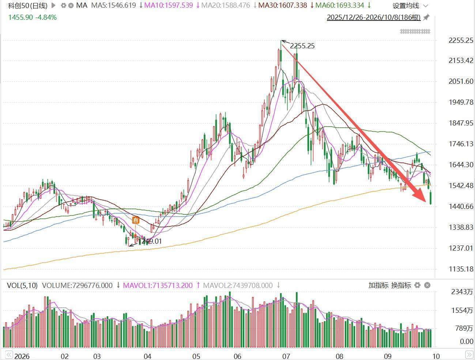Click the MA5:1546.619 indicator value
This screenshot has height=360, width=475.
114,5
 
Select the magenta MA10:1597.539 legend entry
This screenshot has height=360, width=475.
169,5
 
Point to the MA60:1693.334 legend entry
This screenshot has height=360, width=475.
340,5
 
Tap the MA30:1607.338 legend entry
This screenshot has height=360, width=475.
283,5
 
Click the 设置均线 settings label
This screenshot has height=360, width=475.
406,6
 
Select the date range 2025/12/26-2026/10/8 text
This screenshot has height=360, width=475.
374,17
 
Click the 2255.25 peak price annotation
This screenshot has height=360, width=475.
302,46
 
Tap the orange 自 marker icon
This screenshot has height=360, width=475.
136,220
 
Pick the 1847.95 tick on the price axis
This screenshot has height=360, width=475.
461,123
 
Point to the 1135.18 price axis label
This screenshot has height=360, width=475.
461,269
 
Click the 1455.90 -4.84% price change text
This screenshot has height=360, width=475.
33,17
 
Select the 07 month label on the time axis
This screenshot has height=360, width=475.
286,356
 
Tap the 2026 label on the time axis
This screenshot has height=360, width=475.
22,356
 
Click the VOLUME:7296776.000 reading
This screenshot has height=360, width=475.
77,285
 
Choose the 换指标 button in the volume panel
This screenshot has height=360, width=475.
401,285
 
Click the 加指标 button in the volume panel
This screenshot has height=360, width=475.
378,285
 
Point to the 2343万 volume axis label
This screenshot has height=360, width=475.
462,292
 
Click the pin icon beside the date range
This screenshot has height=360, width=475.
426,17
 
